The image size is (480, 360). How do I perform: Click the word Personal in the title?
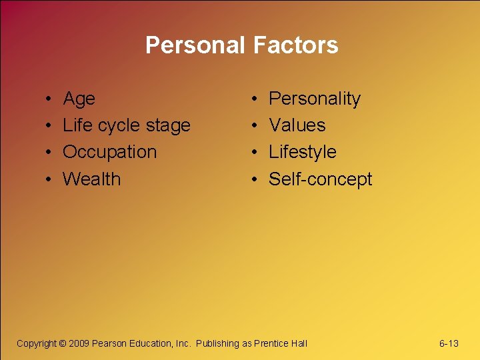[x=196, y=45]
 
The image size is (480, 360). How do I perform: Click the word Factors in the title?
[x=295, y=45]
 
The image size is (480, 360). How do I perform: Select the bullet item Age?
[x=79, y=99]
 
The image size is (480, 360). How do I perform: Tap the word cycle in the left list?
[x=121, y=126]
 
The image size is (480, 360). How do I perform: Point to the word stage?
[x=169, y=126]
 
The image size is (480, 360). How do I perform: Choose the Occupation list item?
[x=109, y=152]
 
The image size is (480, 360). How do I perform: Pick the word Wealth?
[x=91, y=179]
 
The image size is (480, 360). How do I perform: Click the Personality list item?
[x=314, y=99]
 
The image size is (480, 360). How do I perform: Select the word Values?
[x=297, y=125]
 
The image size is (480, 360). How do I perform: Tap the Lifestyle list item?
[x=302, y=152]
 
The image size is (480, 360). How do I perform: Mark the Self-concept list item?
[x=320, y=179]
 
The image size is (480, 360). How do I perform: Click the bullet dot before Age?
[x=51, y=100]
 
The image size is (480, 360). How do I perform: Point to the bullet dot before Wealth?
[x=51, y=180]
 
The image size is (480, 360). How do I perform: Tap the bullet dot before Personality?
[x=257, y=100]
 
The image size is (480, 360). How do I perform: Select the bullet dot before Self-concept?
[x=257, y=180]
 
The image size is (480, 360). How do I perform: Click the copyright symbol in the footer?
[x=63, y=343]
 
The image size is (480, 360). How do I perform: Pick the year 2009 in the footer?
[x=79, y=343]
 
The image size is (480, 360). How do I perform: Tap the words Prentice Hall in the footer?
[x=281, y=343]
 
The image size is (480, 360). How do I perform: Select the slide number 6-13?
[x=449, y=343]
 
